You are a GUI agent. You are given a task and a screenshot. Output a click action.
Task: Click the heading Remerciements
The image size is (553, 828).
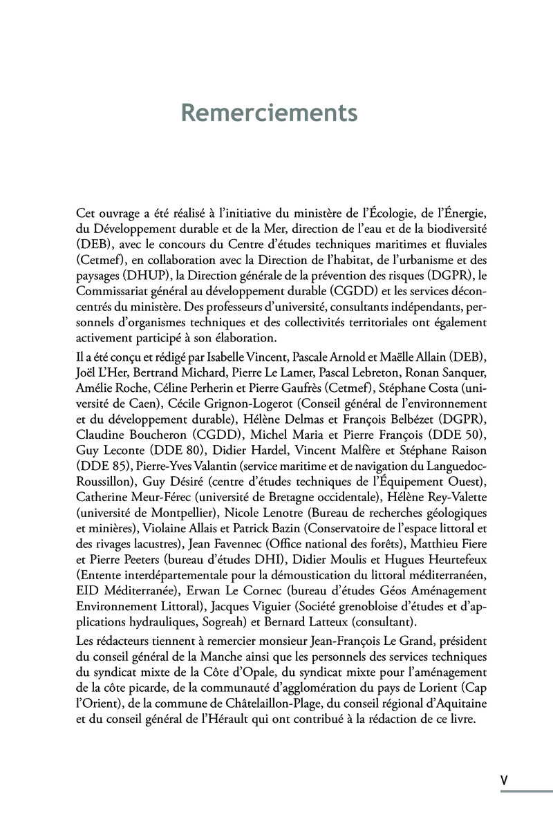(269, 113)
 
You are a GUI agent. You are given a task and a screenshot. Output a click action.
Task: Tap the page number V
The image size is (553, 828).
(504, 778)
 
